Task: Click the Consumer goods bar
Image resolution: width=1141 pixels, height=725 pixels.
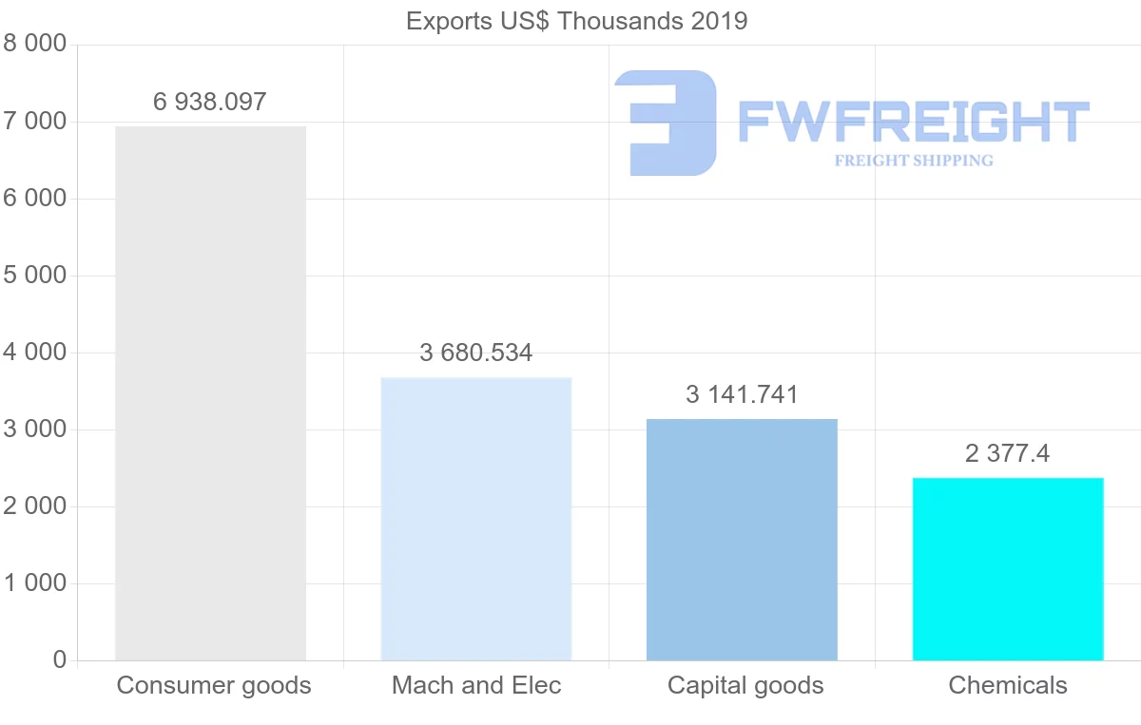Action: [210, 393]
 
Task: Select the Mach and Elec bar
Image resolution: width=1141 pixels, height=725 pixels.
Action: [475, 519]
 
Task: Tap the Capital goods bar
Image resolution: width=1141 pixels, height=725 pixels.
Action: [742, 540]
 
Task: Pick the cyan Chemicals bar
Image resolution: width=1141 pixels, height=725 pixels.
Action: [1008, 569]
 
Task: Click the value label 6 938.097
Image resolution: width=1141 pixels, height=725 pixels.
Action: [210, 102]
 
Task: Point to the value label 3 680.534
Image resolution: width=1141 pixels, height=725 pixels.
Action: [475, 353]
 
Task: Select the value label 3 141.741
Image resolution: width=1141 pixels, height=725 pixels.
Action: [742, 395]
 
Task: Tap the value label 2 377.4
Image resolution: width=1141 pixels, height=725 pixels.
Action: [1007, 454]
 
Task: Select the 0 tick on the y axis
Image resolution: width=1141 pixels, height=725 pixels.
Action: [60, 660]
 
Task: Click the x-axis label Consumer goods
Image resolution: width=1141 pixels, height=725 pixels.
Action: [214, 685]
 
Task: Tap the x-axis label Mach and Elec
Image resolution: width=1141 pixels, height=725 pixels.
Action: [476, 685]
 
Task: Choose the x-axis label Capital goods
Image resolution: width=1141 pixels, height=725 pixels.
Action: [745, 685]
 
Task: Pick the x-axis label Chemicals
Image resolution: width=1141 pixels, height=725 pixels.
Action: [1008, 685]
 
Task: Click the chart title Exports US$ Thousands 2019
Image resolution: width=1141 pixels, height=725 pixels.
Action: [576, 21]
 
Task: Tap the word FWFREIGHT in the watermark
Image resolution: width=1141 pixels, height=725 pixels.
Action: [913, 123]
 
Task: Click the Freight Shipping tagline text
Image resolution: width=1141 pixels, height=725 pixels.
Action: [913, 161]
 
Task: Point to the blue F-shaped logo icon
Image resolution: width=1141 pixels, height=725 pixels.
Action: [666, 123]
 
